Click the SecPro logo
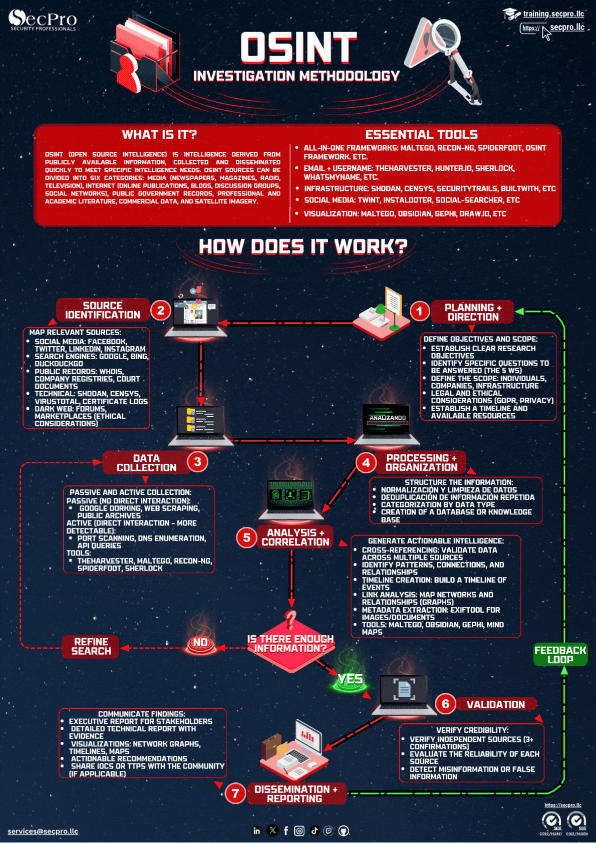pyautogui.click(x=43, y=20)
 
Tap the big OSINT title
pyautogui.click(x=299, y=48)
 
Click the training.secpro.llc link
pyautogui.click(x=553, y=14)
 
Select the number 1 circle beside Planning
pyautogui.click(x=420, y=312)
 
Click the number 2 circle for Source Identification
pyautogui.click(x=161, y=311)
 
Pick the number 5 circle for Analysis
pyautogui.click(x=246, y=538)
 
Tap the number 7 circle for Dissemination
pyautogui.click(x=235, y=793)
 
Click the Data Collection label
pyautogui.click(x=146, y=463)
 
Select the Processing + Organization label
pyautogui.click(x=421, y=463)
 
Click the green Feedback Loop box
pyautogui.click(x=560, y=655)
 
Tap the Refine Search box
pyautogui.click(x=91, y=646)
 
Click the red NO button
pyautogui.click(x=200, y=644)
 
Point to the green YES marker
pyautogui.click(x=350, y=680)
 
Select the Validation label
pyautogui.click(x=495, y=705)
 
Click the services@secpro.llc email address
pyautogui.click(x=43, y=831)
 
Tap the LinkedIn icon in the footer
pyautogui.click(x=256, y=831)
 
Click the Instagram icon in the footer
pyautogui.click(x=299, y=831)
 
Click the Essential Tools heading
pyautogui.click(x=421, y=134)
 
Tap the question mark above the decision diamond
pyautogui.click(x=290, y=620)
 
